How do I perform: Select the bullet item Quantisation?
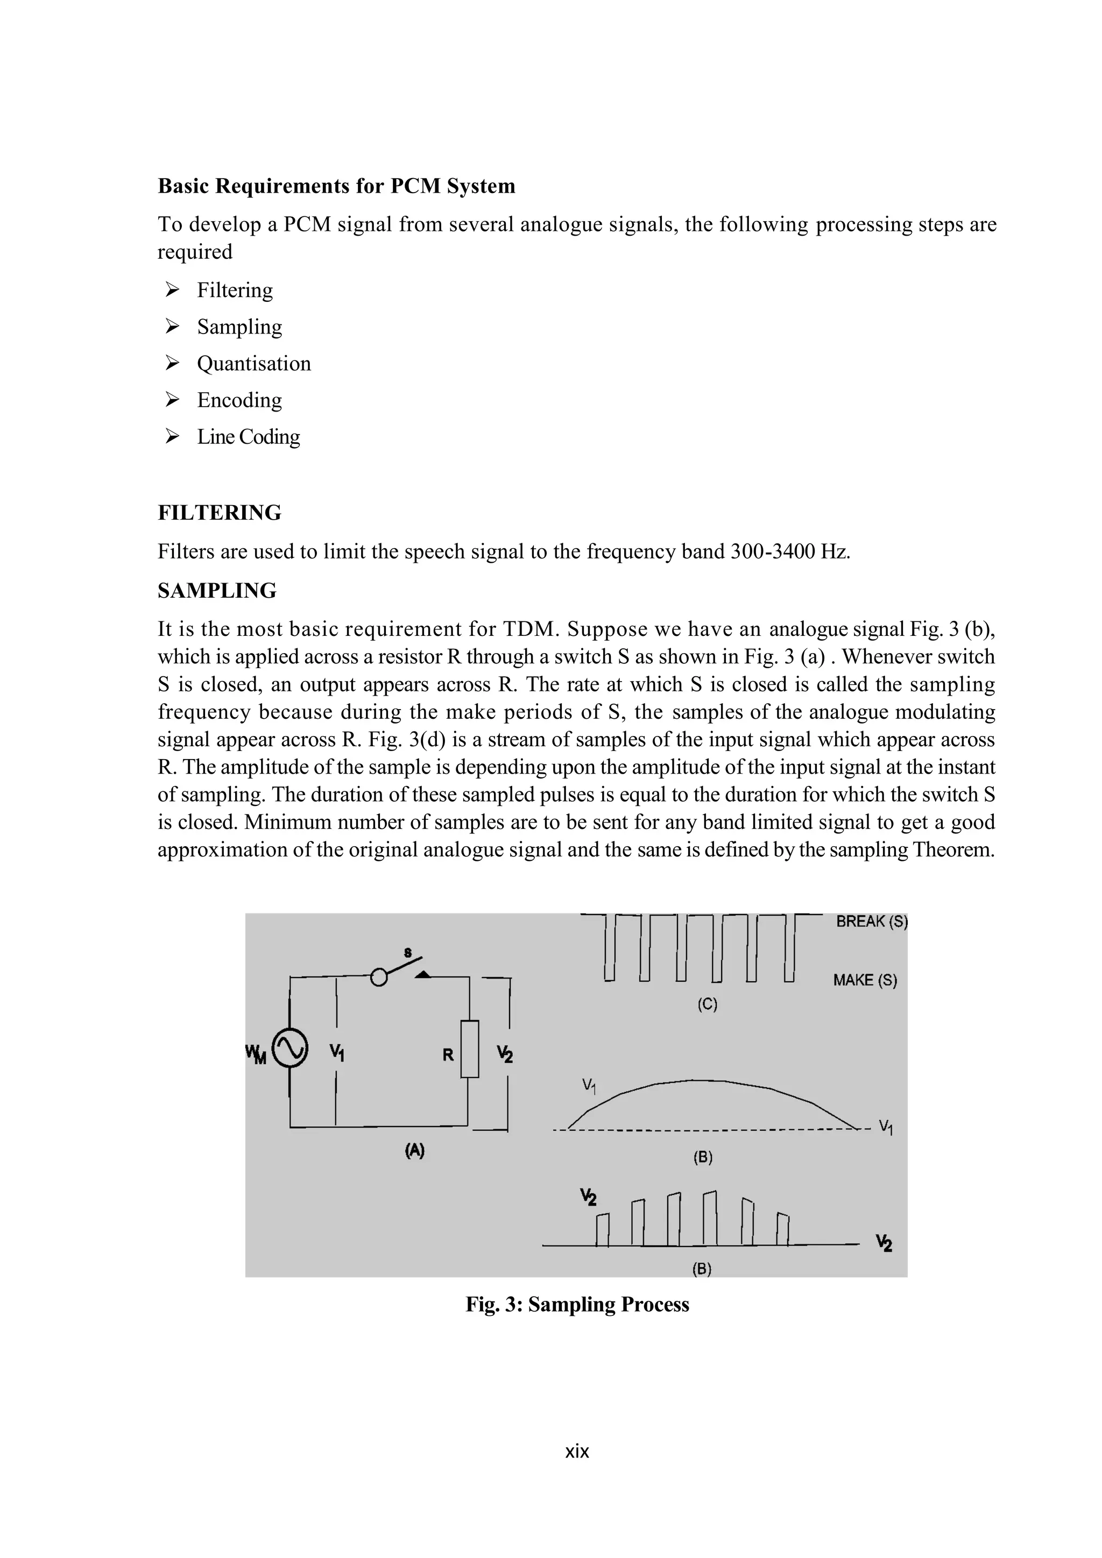pyautogui.click(x=254, y=363)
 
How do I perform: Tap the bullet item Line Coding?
pyautogui.click(x=249, y=436)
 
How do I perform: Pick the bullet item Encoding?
pyautogui.click(x=239, y=400)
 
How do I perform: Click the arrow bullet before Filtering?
pyautogui.click(x=172, y=290)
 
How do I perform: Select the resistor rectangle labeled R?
pyautogui.click(x=470, y=1049)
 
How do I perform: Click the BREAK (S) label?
pyautogui.click(x=871, y=922)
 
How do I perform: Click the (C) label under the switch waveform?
pyautogui.click(x=707, y=1004)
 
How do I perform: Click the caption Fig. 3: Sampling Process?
pyautogui.click(x=577, y=1304)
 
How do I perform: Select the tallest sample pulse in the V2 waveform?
pyautogui.click(x=710, y=1218)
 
